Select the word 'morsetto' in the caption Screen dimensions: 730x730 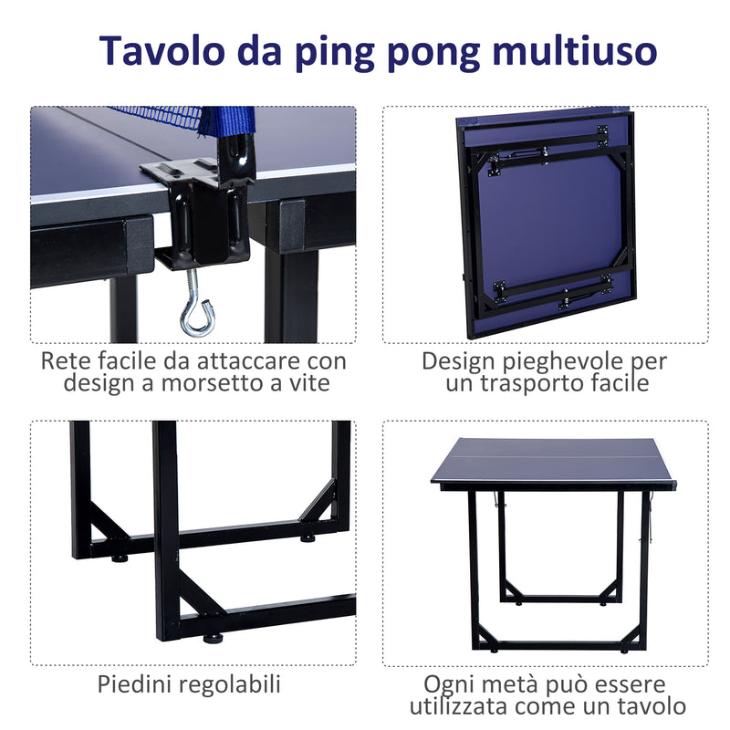[207, 383]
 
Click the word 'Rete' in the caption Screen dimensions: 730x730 [64, 360]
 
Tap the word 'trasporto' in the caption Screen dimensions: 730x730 [529, 383]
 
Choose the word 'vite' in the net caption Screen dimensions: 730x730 [308, 383]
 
